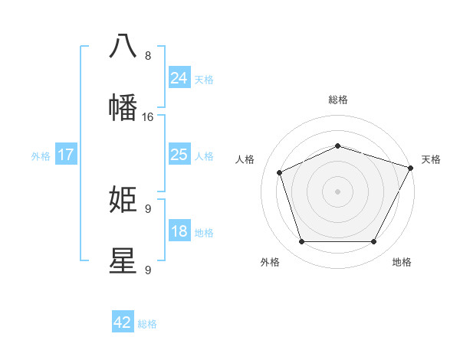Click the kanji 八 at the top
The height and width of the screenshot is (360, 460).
pos(123,46)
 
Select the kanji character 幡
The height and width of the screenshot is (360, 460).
pos(123,108)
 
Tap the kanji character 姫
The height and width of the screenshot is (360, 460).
pos(123,200)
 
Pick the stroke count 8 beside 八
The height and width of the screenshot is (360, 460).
pos(147,56)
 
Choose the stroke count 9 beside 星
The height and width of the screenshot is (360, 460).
pos(147,270)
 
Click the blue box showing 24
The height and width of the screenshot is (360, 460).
pos(179,78)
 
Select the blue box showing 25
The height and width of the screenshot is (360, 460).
pos(179,155)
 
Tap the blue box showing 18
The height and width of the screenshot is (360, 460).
pos(179,231)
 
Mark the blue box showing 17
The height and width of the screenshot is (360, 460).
pos(66,155)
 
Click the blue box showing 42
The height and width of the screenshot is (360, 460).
pos(123,322)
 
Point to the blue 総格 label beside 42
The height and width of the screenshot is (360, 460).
pos(147,324)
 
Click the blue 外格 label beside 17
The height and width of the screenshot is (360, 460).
pos(41,156)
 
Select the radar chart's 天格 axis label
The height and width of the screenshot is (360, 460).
pos(431,159)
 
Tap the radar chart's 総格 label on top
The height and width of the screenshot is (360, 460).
pos(337,100)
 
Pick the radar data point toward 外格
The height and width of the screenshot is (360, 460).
pos(301,242)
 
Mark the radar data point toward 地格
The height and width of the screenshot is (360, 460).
pos(373,242)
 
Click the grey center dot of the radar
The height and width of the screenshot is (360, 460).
pos(337,191)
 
